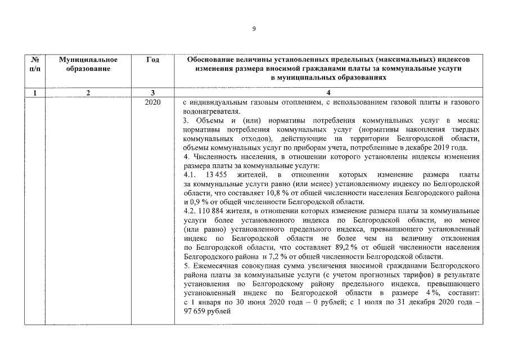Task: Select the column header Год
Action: [x=152, y=59]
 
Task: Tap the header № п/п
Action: [x=35, y=64]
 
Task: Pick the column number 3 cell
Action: [x=152, y=93]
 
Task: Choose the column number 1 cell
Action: [x=35, y=93]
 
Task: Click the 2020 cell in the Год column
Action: [x=152, y=103]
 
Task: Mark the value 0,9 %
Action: [x=199, y=201]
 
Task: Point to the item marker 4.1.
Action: [x=191, y=175]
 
